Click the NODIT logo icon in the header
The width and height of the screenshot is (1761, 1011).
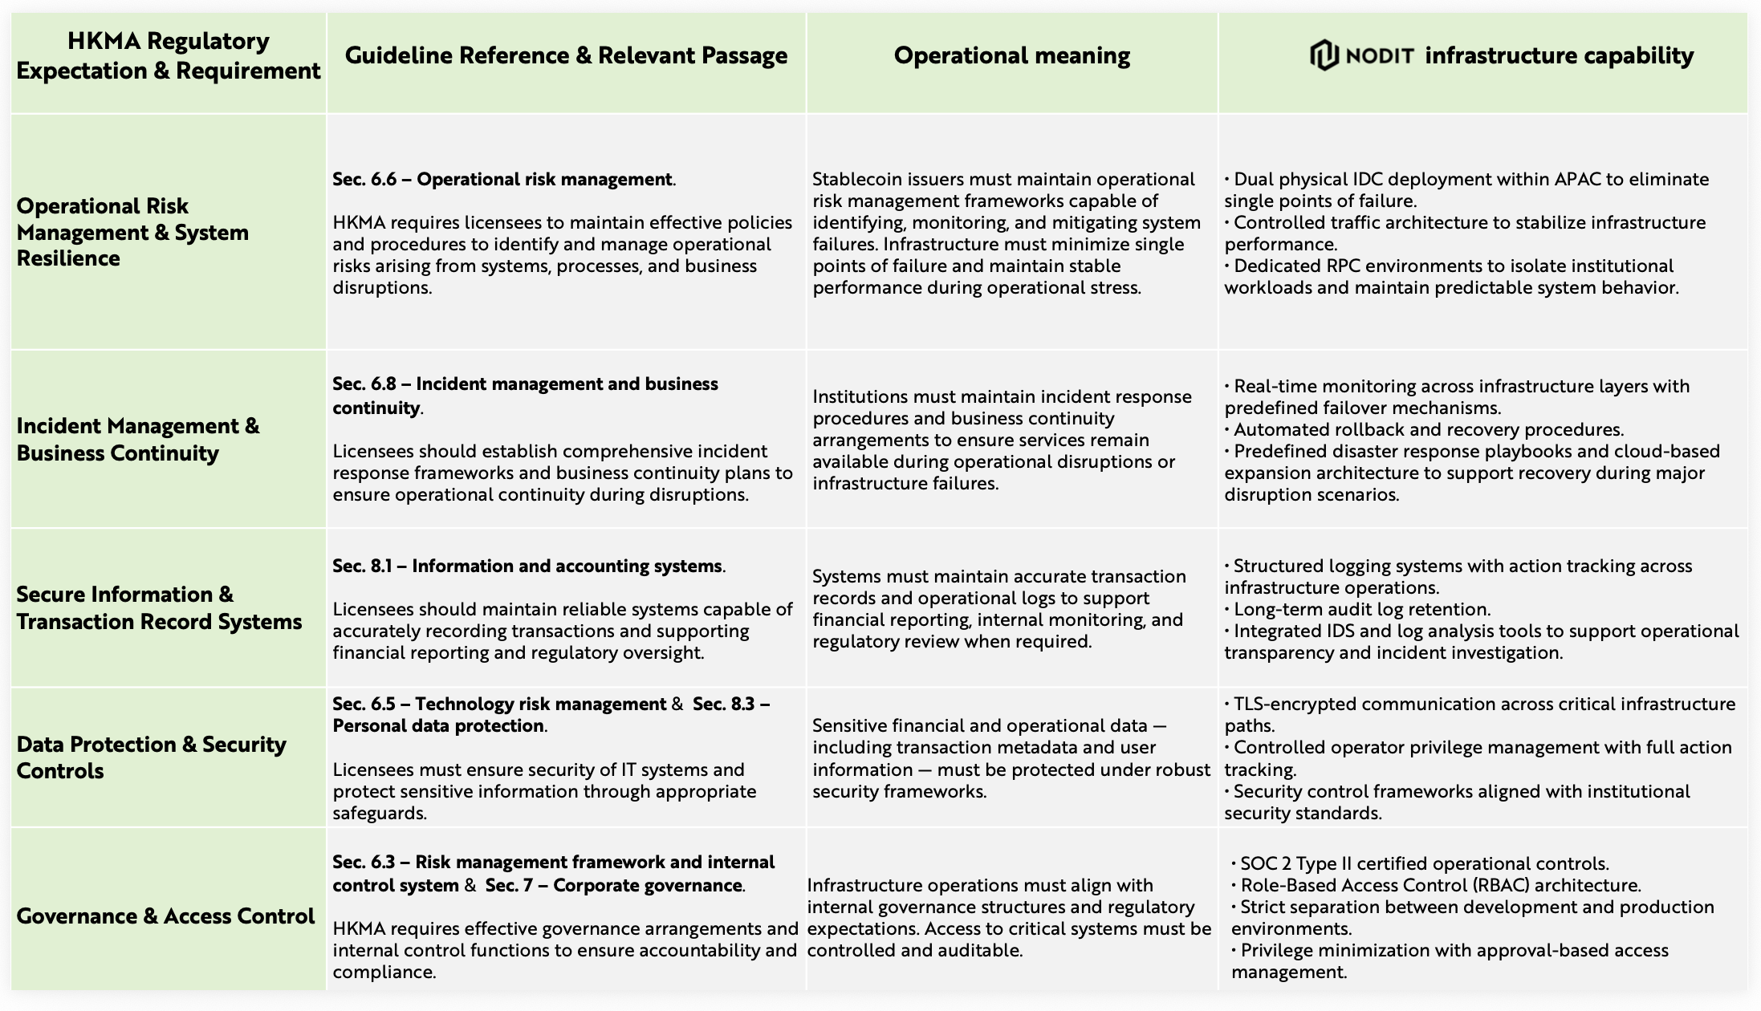[x=1324, y=55]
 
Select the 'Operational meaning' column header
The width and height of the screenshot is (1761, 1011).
[x=1011, y=55]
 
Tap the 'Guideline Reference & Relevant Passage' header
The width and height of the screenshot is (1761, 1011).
[x=566, y=55]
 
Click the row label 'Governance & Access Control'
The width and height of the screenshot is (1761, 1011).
[x=165, y=916]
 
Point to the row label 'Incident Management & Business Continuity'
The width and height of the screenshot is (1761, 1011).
[x=138, y=439]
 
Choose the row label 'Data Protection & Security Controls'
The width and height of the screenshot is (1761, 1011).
[x=151, y=757]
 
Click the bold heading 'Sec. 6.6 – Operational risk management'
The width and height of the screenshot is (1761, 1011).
[x=503, y=179]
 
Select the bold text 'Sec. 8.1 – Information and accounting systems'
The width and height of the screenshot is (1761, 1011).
[x=528, y=566]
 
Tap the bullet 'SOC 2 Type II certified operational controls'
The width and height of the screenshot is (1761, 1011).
[x=1424, y=863]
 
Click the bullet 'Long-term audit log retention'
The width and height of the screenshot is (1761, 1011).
[x=1361, y=609]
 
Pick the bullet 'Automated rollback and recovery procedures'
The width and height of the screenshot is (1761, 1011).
[x=1428, y=429]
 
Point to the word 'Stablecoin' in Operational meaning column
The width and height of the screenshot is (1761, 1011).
[x=856, y=179]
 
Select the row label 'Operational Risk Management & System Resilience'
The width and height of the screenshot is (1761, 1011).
[x=132, y=232]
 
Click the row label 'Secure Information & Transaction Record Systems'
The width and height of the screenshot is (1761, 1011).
[x=159, y=607]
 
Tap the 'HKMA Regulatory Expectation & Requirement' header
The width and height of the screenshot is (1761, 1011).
[x=168, y=55]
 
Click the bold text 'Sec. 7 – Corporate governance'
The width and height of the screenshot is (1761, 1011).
[x=615, y=885]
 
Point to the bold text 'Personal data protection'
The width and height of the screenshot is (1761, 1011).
[x=438, y=725]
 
